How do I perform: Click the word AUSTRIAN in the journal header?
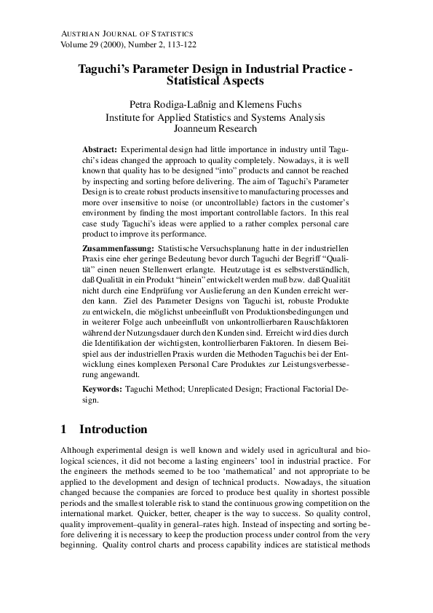79,33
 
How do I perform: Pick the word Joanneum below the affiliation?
194,129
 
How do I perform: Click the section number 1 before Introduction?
63,429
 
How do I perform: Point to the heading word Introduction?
113,429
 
